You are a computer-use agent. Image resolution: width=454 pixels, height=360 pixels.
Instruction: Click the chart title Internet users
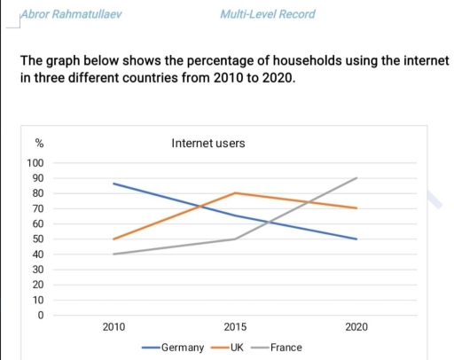[x=207, y=143]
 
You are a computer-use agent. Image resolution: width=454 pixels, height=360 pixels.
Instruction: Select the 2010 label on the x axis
[x=113, y=327]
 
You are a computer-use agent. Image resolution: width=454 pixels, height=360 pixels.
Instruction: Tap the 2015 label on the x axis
[x=235, y=327]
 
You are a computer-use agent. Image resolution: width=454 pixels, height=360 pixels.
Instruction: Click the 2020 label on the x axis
[x=356, y=327]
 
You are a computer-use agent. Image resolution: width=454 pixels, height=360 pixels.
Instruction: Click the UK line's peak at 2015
[x=235, y=192]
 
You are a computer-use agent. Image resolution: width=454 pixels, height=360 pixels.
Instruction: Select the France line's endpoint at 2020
[x=356, y=178]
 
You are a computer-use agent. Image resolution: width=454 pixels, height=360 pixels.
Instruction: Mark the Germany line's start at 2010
[x=113, y=184]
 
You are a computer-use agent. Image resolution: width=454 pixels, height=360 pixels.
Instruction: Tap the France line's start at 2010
[x=113, y=254]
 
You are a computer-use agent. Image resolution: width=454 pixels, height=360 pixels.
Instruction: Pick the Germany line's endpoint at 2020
[x=356, y=239]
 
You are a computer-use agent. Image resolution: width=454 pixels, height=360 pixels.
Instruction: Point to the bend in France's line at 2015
[x=235, y=239]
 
